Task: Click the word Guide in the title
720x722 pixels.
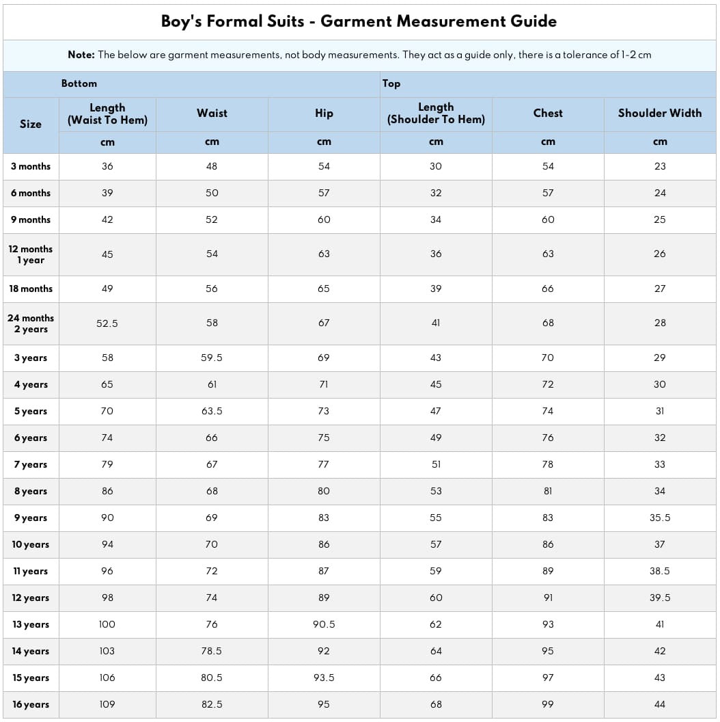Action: (533, 21)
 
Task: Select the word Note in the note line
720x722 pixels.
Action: (81, 55)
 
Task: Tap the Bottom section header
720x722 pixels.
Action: (79, 83)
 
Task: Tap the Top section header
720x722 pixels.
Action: (391, 83)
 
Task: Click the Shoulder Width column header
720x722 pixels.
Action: (660, 113)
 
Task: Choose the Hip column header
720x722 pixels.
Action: (324, 113)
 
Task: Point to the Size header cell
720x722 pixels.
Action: (31, 124)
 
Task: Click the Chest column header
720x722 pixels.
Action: (548, 113)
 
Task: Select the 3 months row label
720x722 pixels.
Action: (31, 166)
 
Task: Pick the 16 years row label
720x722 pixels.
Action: (31, 704)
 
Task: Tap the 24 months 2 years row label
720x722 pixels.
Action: (31, 323)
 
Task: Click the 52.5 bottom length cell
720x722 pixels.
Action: (107, 323)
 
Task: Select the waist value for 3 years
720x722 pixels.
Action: (212, 358)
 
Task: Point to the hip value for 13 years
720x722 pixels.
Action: (324, 624)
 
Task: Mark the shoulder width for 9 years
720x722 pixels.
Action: (660, 518)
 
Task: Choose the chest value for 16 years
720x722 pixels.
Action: (548, 704)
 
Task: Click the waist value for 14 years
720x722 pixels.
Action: (212, 651)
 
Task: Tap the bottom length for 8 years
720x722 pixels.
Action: (107, 491)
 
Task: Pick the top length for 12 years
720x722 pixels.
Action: (436, 598)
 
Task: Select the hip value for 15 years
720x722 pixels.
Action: (324, 678)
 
